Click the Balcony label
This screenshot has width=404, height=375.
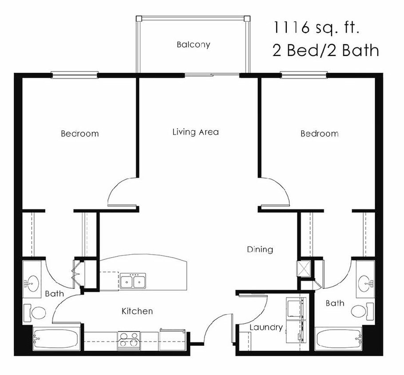[x=193, y=44]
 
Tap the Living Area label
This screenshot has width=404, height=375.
[x=195, y=132]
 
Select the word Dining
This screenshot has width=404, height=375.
[x=260, y=249]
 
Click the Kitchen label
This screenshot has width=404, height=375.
[x=137, y=311]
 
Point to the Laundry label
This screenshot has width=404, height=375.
[x=266, y=327]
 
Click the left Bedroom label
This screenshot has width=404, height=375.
[x=80, y=133]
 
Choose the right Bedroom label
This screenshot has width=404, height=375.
[x=319, y=133]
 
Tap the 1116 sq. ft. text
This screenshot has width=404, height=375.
[x=315, y=28]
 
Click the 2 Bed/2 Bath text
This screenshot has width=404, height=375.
[x=325, y=51]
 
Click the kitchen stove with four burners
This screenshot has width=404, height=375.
[x=129, y=340]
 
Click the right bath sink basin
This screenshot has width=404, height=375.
[x=366, y=281]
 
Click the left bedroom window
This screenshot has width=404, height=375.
[x=74, y=75]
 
